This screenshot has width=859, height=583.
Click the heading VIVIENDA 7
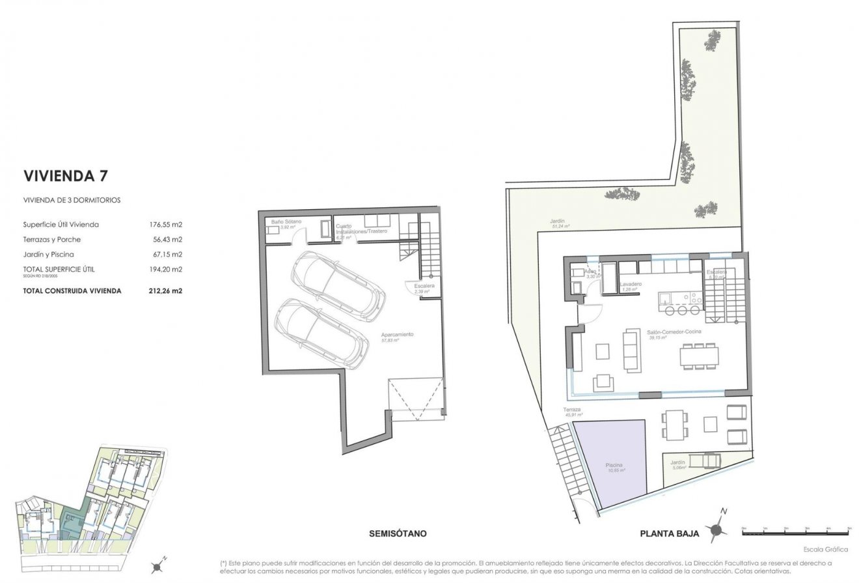(65, 176)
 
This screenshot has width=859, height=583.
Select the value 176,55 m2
(165, 225)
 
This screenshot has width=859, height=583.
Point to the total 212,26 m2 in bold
(165, 291)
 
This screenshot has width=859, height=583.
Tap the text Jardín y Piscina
(48, 254)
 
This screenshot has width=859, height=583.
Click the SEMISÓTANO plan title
(397, 533)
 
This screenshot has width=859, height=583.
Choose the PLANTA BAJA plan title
(670, 533)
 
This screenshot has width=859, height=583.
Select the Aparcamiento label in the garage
(398, 336)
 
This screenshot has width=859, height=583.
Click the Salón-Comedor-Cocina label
(670, 332)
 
